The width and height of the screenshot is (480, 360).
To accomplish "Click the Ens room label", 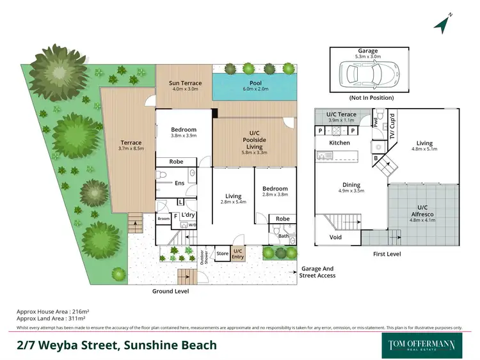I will coord(179,183).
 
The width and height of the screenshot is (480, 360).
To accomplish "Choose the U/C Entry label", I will coord(238,253).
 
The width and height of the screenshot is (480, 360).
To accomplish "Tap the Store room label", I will coord(222,253).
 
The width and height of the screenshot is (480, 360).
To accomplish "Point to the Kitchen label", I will coord(339,143).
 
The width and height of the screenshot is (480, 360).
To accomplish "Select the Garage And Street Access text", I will coord(317,272).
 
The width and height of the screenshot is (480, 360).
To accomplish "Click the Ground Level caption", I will coord(170,291).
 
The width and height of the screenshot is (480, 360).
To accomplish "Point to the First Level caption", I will coord(387,254).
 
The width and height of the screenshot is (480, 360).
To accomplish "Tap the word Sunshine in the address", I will coord(145,345).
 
